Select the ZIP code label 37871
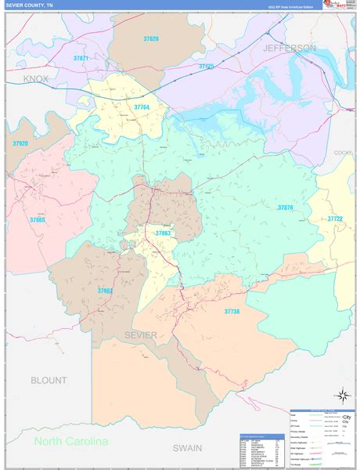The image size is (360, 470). point(81,59)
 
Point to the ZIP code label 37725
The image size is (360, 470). point(206,67)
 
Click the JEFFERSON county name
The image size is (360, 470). point(290,49)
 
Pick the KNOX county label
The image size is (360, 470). point(36,79)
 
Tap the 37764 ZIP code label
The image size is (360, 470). point(142,107)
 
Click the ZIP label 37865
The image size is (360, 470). point(38,221)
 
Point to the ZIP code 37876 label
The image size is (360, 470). point(285,208)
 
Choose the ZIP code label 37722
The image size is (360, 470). point(335,219)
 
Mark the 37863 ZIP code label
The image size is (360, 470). point(162,233)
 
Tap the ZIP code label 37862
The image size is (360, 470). point(106,291)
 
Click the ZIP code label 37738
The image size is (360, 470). point(232,312)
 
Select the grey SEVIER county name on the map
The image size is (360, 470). point(141,335)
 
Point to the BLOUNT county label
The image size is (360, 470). point(49,380)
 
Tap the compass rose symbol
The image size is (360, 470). point(341,396)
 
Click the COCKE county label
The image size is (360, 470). point(344,153)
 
